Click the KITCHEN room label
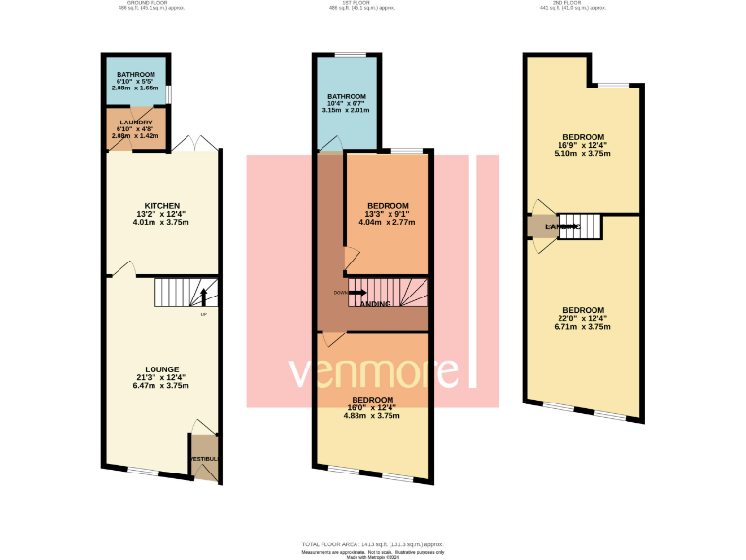pyautogui.click(x=162, y=206)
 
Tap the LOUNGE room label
pyautogui.click(x=162, y=368)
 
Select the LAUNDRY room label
pyautogui.click(x=135, y=122)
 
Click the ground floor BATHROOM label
pyautogui.click(x=135, y=75)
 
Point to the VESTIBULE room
pyautogui.click(x=204, y=458)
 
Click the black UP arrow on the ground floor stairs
pyautogui.click(x=203, y=296)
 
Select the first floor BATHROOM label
pyautogui.click(x=346, y=97)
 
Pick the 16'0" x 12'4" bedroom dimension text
pyautogui.click(x=372, y=408)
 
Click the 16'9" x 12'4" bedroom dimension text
pyautogui.click(x=583, y=145)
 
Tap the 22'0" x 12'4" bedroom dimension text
pyautogui.click(x=583, y=318)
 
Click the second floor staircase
pyautogui.click(x=581, y=226)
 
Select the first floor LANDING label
pyautogui.click(x=373, y=304)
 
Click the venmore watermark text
pyautogui.click(x=373, y=372)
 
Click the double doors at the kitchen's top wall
pyautogui.click(x=205, y=144)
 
